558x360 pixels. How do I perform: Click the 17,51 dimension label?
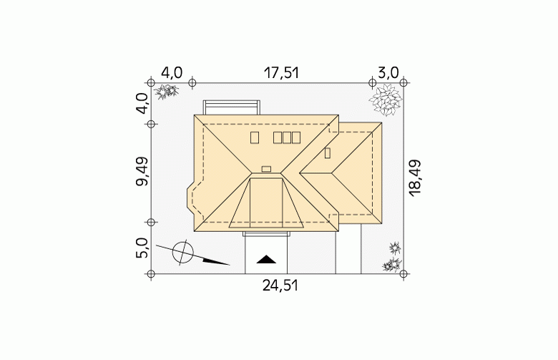(281, 73)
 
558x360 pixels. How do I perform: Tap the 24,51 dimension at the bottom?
(280, 286)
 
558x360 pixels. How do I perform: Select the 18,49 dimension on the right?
(415, 177)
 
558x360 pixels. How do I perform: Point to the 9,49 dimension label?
(142, 172)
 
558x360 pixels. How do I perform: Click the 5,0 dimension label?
(142, 248)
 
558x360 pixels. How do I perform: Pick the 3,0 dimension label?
(388, 73)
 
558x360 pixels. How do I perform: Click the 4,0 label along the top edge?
(172, 73)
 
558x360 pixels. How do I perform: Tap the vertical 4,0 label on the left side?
(142, 103)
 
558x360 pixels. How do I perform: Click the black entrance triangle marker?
(266, 260)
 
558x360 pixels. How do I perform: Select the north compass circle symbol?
(183, 252)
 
